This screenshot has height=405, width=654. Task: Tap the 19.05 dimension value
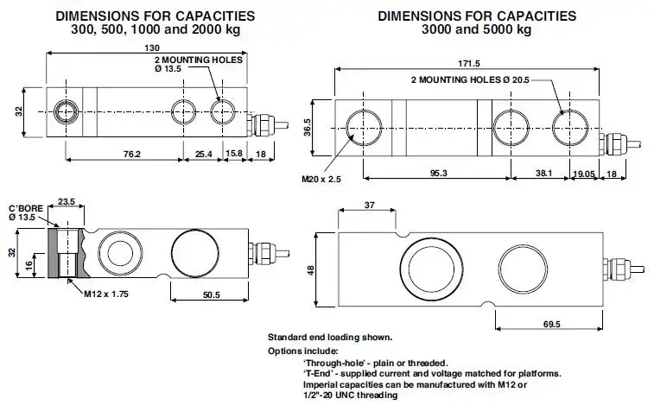coord(584,174)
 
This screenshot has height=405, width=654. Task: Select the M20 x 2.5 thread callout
coord(320,180)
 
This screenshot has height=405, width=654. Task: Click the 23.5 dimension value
coord(66,203)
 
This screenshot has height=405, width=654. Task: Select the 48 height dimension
coord(312,269)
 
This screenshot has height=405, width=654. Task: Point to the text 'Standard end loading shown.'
coord(330,336)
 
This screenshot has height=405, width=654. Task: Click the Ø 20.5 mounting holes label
coord(469,79)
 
